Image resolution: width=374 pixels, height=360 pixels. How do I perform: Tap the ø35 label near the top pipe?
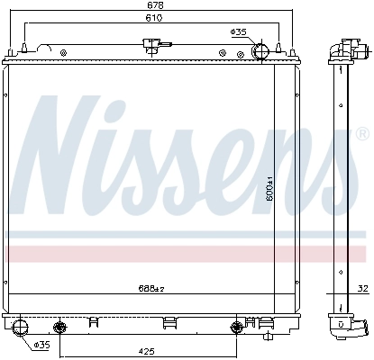click(239, 32)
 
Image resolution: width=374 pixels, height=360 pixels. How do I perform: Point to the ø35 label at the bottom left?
click(41, 345)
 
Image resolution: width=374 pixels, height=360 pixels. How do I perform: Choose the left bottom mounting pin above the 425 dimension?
click(60, 325)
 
